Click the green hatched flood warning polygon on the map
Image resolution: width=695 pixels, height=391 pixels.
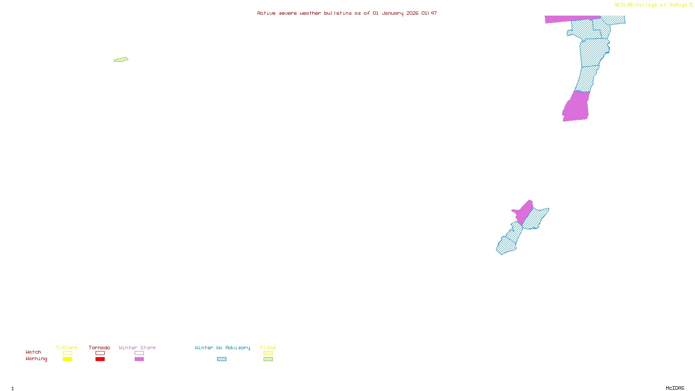[x=121, y=60]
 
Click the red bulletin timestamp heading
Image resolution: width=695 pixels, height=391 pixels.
[x=347, y=13]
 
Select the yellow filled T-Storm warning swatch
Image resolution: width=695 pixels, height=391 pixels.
[x=67, y=359]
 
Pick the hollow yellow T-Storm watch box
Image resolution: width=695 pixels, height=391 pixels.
[x=67, y=353]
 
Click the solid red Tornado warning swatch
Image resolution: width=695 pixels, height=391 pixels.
[x=100, y=359]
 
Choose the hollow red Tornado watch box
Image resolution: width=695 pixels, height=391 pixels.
[x=100, y=353]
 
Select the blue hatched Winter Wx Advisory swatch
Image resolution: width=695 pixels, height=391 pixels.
[x=222, y=359]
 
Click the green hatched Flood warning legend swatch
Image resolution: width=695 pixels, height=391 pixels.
[x=268, y=359]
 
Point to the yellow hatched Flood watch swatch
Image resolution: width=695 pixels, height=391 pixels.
[x=268, y=353]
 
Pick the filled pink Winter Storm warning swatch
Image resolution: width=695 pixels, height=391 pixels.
[x=139, y=359]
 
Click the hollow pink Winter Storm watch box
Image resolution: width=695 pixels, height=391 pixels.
[x=139, y=353]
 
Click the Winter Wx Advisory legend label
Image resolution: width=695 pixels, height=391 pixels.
[x=222, y=348]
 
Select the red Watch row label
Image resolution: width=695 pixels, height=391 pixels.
[x=33, y=352]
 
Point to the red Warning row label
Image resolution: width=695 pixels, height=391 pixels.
[x=36, y=359]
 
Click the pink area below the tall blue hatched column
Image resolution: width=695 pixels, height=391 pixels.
[x=576, y=106]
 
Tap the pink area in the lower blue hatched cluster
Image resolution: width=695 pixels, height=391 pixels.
[x=524, y=212]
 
